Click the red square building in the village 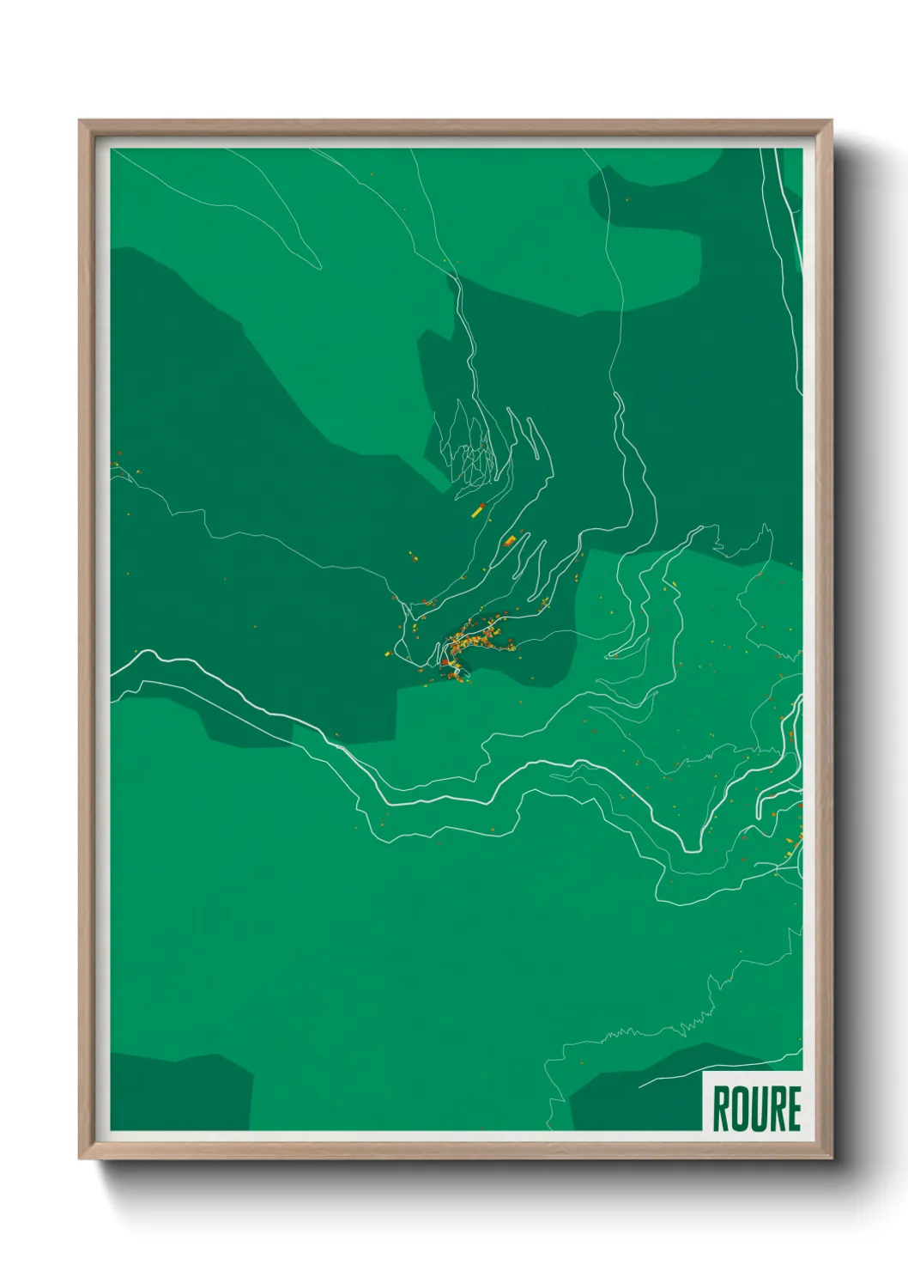(x=445, y=662)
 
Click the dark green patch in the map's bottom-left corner (x=176, y=1092)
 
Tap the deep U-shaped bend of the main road (x=692, y=846)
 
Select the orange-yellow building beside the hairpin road (x=509, y=541)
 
